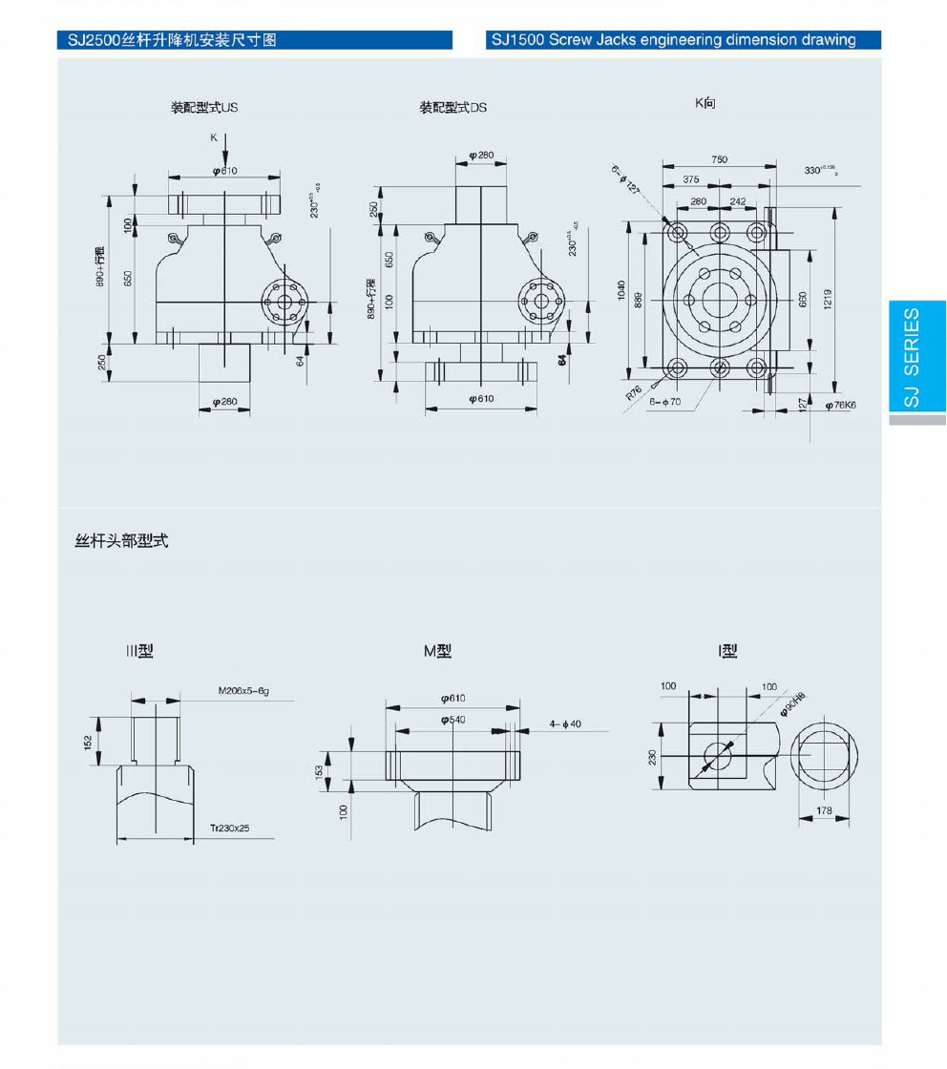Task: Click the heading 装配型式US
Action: (x=204, y=107)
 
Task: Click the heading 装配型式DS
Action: (x=452, y=107)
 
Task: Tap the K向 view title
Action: (x=705, y=102)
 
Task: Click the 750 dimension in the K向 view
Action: (x=719, y=160)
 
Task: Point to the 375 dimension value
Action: (x=690, y=179)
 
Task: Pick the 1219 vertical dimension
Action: (x=828, y=299)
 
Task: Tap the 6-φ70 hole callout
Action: (x=664, y=402)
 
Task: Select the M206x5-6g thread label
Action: (x=244, y=690)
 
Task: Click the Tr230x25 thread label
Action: (x=230, y=828)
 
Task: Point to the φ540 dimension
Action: (x=453, y=719)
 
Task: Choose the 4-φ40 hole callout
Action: (x=565, y=724)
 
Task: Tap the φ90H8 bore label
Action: (x=793, y=703)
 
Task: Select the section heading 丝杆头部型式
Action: (x=121, y=541)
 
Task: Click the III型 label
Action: (x=139, y=651)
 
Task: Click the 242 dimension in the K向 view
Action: (x=738, y=201)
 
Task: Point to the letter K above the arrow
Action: (x=214, y=138)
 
